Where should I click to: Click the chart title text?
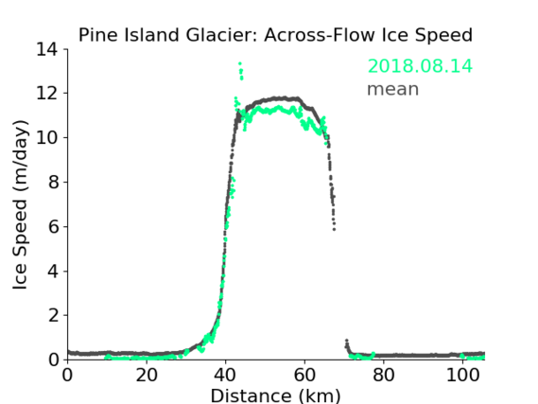pos(275,35)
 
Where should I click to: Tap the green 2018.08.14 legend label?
pos(420,66)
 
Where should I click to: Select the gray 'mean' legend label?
pos(393,89)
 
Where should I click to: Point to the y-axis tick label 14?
pos(47,49)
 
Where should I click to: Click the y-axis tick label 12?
pos(47,94)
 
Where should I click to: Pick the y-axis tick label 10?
pos(47,137)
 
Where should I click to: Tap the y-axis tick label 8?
pos(53,182)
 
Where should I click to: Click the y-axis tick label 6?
pos(53,226)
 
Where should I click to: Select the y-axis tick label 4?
pos(53,272)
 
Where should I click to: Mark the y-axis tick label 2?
pos(53,315)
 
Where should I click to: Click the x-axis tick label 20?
pos(147,376)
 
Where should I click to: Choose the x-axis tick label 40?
pos(225,376)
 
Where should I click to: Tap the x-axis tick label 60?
pos(304,376)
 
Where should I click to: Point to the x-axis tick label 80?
pos(384,376)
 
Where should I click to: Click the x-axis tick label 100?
pos(462,376)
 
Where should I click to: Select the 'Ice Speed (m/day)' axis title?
pos(20,204)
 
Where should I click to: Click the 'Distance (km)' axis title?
pos(275,395)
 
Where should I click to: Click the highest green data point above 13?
pos(240,63)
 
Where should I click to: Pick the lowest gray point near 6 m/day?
pos(334,229)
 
